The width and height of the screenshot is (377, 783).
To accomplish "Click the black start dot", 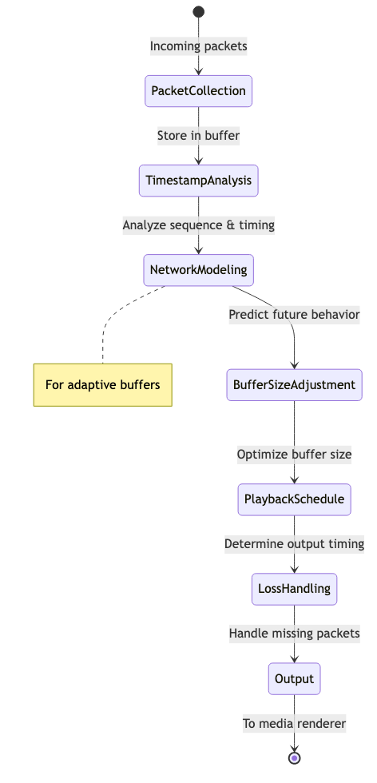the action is click(x=199, y=11).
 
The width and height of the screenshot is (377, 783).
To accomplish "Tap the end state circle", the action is click(x=295, y=758).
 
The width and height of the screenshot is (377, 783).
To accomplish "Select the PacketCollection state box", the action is click(x=199, y=91).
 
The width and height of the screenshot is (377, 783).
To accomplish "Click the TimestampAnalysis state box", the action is click(x=199, y=181).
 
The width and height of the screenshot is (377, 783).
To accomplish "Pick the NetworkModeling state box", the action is click(x=199, y=270).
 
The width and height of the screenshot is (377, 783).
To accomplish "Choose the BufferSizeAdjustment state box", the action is click(x=295, y=385).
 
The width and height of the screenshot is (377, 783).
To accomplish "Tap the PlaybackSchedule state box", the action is click(x=295, y=499).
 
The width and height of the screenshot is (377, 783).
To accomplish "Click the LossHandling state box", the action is click(x=295, y=590).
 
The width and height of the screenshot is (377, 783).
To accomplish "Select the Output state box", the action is click(x=295, y=678).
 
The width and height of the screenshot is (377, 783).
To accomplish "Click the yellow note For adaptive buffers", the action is click(x=103, y=385).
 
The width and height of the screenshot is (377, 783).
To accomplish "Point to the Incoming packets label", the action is click(x=199, y=46).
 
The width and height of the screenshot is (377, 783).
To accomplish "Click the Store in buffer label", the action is click(x=199, y=136).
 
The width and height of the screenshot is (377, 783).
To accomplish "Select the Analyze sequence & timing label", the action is click(x=199, y=225).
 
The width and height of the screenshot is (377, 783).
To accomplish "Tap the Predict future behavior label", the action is click(x=295, y=315).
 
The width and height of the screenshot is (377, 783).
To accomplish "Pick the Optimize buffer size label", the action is click(x=295, y=455).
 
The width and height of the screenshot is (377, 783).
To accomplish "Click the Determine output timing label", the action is click(x=295, y=544).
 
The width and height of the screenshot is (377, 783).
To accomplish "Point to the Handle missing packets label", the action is click(x=295, y=634).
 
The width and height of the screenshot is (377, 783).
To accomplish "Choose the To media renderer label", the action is click(x=295, y=723).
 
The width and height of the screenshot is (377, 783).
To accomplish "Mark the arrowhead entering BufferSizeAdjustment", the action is click(x=295, y=366).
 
